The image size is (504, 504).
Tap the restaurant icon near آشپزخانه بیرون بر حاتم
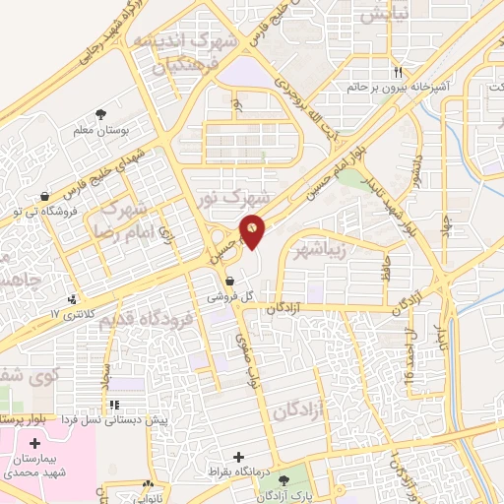(399, 72)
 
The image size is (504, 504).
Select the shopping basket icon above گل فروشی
(229, 280)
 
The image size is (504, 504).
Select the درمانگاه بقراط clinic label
(239, 472)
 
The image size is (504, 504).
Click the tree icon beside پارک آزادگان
(284, 480)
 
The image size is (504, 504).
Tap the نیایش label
(379, 16)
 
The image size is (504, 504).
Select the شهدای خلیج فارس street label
(111, 174)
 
